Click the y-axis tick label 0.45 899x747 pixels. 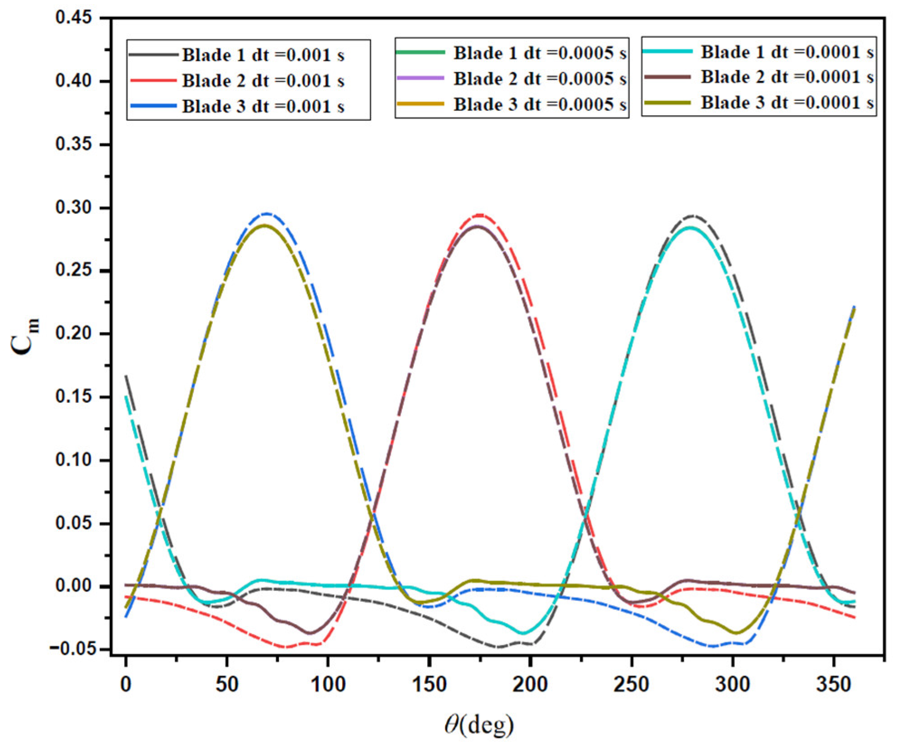(73, 18)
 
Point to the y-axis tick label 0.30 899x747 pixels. (73, 207)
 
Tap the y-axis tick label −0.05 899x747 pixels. (72, 649)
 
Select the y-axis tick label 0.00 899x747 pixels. (73, 586)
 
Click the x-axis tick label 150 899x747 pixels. (429, 684)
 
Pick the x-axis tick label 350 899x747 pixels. (833, 684)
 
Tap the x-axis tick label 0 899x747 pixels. (126, 684)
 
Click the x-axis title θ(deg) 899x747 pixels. (479, 724)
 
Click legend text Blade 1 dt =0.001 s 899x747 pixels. (263, 55)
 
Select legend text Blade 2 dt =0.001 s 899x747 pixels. (263, 81)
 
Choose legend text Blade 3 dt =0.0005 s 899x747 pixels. (540, 104)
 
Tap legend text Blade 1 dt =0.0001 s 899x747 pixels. (787, 52)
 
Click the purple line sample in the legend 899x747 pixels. (420, 78)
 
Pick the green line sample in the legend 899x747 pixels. (420, 52)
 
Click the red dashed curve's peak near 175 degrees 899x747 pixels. (480, 215)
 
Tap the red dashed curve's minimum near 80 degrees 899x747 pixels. (287, 647)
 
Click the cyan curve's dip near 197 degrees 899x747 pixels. (523, 633)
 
